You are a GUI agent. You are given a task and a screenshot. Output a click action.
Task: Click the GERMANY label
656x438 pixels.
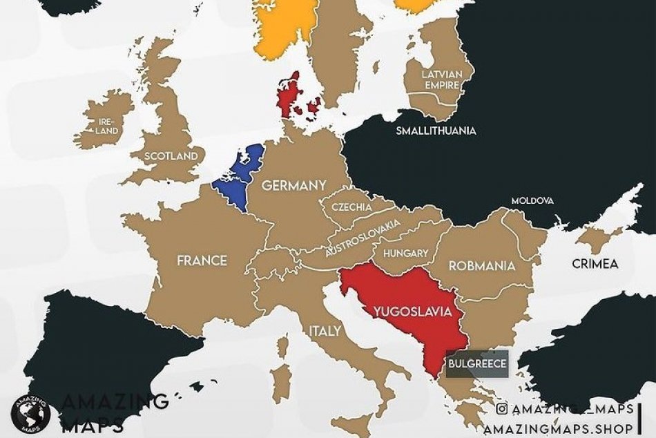tap(293, 186)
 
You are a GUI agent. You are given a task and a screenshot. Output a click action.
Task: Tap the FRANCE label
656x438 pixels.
tap(202, 260)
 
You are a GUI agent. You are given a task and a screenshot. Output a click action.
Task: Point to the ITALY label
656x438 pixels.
tap(325, 331)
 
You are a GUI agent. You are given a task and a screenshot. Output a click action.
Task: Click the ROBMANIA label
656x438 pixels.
tap(482, 265)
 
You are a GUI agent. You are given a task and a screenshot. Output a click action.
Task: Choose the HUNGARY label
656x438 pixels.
tap(405, 254)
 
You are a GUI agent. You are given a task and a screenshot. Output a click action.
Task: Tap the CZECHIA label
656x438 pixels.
tap(351, 207)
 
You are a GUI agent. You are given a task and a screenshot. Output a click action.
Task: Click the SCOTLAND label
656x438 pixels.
tap(171, 156)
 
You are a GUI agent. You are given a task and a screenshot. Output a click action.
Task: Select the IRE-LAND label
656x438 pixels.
tap(107, 126)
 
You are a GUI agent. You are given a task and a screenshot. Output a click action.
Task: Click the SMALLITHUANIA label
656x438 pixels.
tap(435, 131)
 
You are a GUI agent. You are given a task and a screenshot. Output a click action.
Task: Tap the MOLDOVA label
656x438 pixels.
tap(532, 201)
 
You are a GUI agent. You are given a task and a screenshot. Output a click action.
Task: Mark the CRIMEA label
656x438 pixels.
tap(595, 263)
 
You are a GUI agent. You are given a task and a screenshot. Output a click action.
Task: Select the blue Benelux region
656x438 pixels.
tap(238, 173)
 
